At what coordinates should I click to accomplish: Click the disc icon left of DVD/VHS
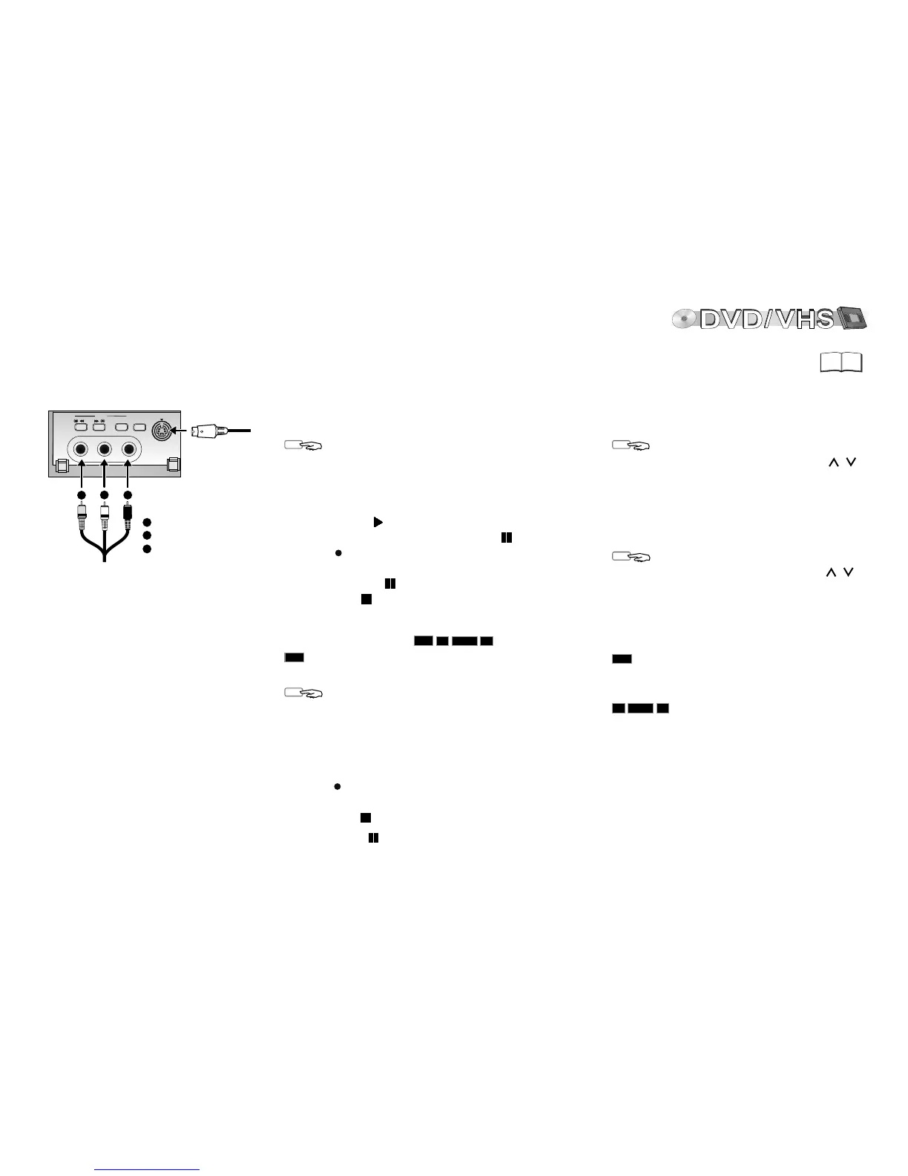[684, 319]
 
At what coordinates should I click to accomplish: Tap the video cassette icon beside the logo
[852, 318]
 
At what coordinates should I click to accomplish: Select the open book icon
[842, 362]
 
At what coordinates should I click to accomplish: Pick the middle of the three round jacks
[105, 449]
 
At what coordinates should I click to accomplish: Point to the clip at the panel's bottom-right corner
[173, 466]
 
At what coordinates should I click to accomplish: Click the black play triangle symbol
[378, 522]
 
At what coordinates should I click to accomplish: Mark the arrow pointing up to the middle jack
[105, 475]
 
